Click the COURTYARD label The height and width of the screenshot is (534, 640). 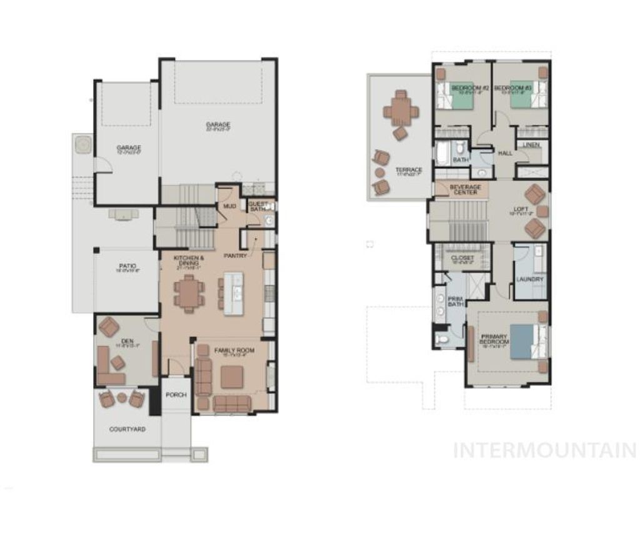tap(127, 430)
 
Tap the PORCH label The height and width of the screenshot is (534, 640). tap(176, 395)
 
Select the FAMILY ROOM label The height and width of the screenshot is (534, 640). tap(234, 351)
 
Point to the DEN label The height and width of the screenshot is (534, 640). tap(128, 341)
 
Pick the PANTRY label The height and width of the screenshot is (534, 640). tap(237, 255)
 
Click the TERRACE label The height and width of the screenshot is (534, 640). tap(409, 170)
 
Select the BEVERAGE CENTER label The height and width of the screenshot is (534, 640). tap(466, 189)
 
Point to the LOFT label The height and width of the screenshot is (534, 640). tap(520, 210)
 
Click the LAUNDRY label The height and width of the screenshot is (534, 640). tap(530, 279)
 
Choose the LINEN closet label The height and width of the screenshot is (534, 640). tap(531, 145)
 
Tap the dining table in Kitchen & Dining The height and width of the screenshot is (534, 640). tap(189, 293)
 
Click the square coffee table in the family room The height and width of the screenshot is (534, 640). tap(232, 377)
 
